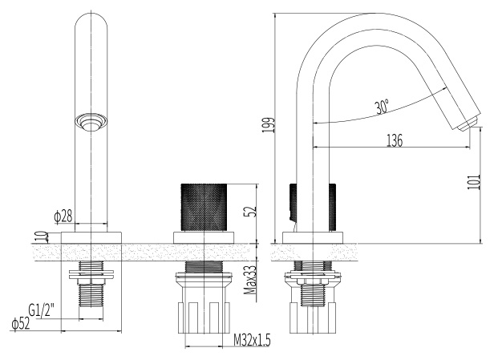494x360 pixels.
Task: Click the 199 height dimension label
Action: [269, 125]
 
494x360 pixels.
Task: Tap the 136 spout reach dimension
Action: [394, 140]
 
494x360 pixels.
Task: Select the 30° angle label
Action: [383, 107]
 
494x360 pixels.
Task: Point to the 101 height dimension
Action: [473, 182]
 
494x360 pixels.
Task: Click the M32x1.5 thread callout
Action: [252, 340]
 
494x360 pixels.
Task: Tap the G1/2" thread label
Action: [41, 310]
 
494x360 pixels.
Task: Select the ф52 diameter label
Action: [21, 323]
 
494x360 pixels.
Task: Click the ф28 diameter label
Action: [63, 216]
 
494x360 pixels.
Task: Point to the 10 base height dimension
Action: [43, 237]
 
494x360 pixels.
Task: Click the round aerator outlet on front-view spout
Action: [91, 122]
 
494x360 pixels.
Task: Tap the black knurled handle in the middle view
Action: [204, 207]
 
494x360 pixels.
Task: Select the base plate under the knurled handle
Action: [204, 237]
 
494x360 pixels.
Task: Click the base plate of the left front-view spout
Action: [91, 237]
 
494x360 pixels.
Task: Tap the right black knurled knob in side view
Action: [332, 207]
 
